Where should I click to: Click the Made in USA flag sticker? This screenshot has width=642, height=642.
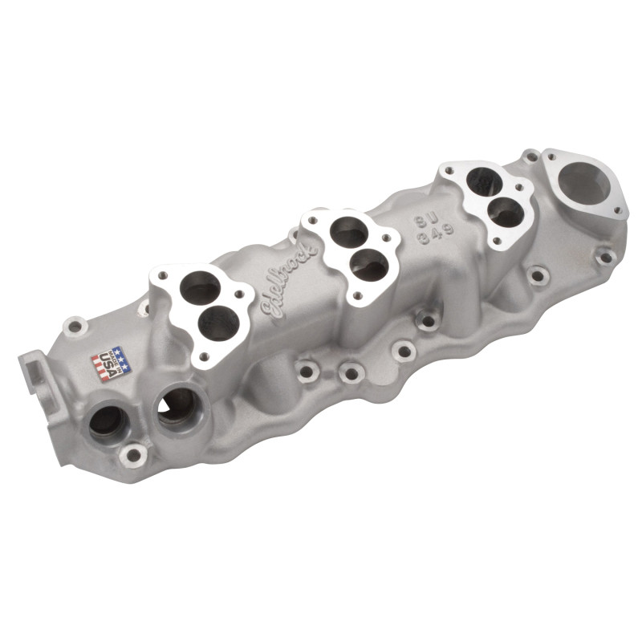[x=111, y=364]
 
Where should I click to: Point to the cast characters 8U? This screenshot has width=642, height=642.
[x=428, y=221]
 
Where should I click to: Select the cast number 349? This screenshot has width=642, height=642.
[x=435, y=235]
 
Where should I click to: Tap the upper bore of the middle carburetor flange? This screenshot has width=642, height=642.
[x=349, y=233]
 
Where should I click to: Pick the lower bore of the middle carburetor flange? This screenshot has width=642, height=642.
[x=368, y=264]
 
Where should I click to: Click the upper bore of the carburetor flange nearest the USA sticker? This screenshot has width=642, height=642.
[x=200, y=287]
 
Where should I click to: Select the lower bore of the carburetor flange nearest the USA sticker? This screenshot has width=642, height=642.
[x=219, y=322]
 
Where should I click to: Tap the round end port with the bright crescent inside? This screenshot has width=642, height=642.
[x=177, y=405]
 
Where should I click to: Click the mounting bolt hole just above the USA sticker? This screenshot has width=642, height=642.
[x=75, y=327]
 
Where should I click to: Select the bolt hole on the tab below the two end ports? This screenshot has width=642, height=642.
[x=132, y=456]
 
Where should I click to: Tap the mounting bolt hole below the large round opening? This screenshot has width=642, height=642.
[x=605, y=257]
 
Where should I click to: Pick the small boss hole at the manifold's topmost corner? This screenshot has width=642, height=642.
[x=530, y=155]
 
